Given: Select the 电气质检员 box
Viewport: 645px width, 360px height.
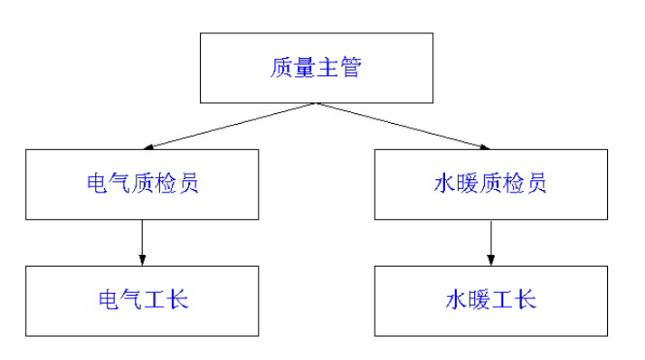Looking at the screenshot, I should click(142, 185).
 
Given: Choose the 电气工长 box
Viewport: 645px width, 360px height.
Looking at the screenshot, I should click(142, 299).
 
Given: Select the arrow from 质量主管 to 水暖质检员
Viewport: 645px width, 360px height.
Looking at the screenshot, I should click(403, 126).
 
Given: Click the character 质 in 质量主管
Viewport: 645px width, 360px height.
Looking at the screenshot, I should click(281, 69).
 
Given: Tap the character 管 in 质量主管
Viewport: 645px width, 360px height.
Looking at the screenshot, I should click(349, 69).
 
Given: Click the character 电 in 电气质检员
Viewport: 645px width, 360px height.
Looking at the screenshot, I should click(97, 184).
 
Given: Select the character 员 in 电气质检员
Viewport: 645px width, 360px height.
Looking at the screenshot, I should click(188, 184).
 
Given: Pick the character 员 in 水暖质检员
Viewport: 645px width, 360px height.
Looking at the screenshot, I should click(536, 184).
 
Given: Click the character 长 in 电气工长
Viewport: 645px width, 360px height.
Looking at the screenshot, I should click(177, 299).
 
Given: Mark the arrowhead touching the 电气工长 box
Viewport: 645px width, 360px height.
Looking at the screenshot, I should click(142, 261).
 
